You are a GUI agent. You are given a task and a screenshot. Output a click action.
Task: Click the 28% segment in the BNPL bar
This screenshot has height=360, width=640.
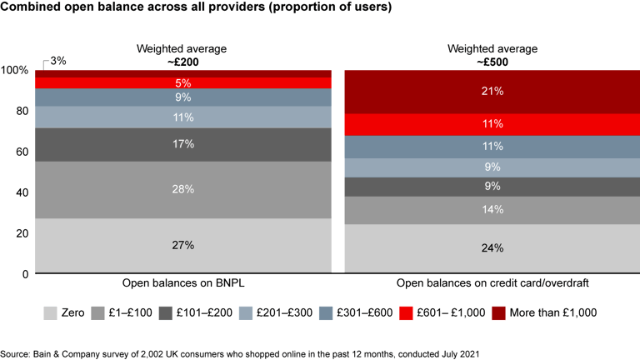(x=183, y=189)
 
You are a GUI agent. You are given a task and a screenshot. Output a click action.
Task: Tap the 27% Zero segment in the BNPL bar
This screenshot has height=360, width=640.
(x=183, y=245)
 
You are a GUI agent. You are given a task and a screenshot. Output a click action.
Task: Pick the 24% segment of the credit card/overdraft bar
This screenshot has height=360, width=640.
(x=492, y=247)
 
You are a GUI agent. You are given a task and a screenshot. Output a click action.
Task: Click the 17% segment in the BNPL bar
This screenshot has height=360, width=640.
(x=183, y=144)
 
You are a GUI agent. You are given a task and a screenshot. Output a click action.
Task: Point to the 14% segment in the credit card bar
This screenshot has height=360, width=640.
(x=492, y=210)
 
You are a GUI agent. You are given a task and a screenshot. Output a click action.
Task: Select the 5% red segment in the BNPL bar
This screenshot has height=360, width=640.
(x=183, y=82)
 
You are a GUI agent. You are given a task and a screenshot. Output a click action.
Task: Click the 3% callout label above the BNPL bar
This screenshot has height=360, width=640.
(x=58, y=61)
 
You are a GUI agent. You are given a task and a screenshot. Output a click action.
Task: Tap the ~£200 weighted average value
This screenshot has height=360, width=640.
(x=183, y=61)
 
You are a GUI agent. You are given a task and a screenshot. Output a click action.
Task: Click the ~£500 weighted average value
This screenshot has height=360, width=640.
(x=492, y=61)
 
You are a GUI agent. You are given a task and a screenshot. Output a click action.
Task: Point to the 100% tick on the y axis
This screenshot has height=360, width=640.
(x=16, y=70)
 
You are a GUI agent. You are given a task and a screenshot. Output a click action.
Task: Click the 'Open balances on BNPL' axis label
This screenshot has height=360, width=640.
(x=183, y=283)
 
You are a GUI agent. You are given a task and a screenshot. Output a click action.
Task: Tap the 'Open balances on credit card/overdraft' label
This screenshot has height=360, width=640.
(x=492, y=283)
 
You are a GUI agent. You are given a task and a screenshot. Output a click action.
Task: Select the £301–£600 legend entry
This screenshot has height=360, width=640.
(x=362, y=312)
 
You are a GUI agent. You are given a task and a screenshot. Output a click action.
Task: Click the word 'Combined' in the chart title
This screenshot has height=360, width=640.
(x=32, y=10)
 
